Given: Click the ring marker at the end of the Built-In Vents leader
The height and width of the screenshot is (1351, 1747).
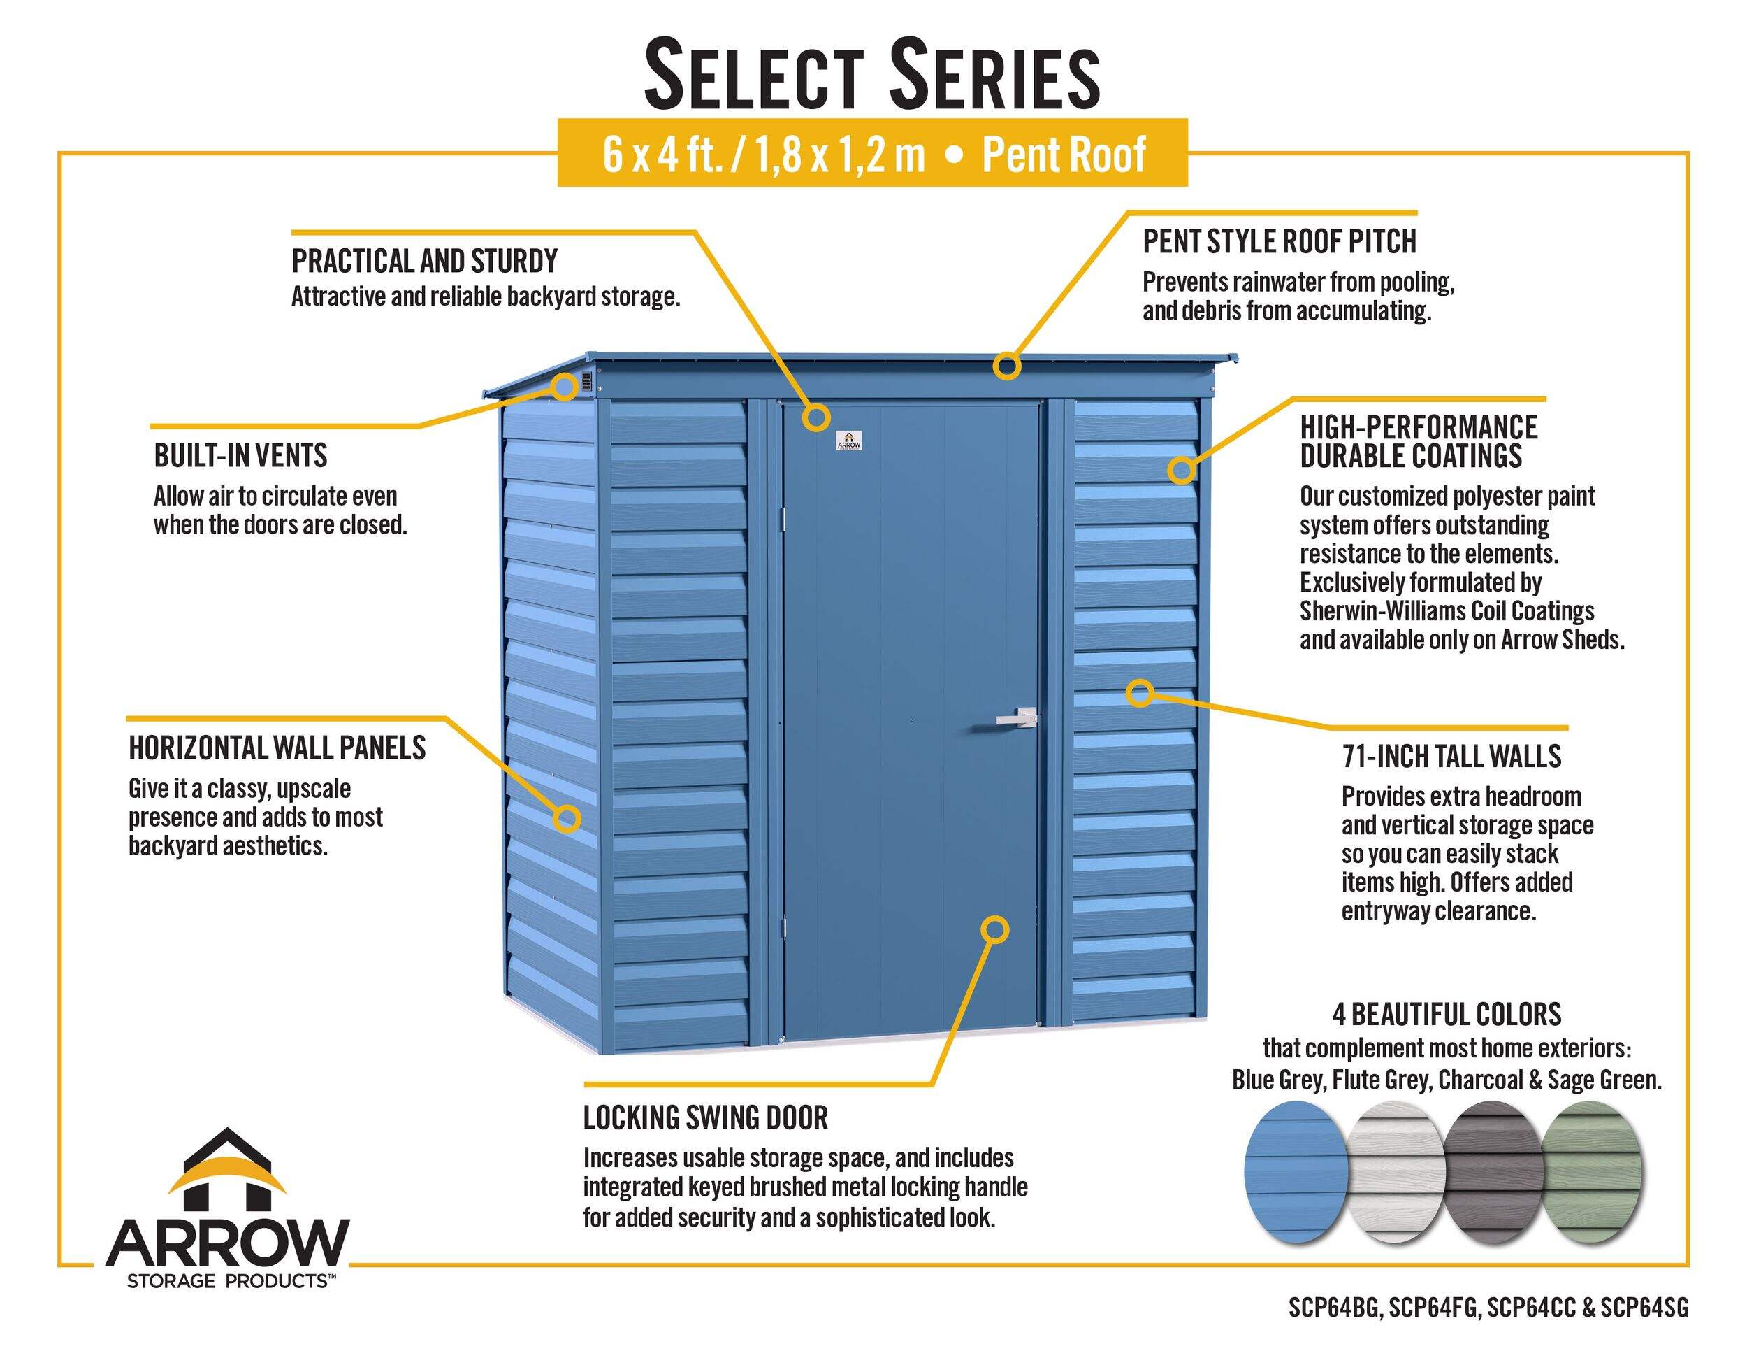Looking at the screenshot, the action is [x=565, y=387].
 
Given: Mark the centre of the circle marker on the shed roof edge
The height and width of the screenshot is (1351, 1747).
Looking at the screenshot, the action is [x=1007, y=366].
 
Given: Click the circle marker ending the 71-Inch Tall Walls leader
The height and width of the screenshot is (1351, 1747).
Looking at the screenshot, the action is [x=1140, y=693].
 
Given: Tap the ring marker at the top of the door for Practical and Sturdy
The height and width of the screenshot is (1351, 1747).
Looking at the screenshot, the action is [x=817, y=416].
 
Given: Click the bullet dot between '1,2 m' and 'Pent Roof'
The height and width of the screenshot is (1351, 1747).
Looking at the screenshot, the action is [x=953, y=155].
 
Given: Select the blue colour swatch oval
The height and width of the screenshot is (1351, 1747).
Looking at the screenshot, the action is [x=1296, y=1172].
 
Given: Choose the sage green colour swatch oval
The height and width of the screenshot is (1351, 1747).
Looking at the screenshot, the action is [x=1591, y=1172].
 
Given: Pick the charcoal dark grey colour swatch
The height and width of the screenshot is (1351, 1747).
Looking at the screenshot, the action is [x=1493, y=1172].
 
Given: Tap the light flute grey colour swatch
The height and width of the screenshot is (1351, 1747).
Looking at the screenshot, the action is [x=1396, y=1172].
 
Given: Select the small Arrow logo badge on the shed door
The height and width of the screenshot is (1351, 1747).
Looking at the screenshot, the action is [x=849, y=441].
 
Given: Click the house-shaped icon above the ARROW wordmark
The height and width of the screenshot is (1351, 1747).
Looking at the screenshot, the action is [x=227, y=1170].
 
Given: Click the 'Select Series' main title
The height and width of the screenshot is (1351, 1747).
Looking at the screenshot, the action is [x=873, y=76].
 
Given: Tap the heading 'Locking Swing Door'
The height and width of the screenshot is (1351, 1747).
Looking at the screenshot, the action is [x=706, y=1118].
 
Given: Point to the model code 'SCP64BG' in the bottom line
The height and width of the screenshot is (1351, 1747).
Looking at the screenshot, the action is [x=1334, y=1308].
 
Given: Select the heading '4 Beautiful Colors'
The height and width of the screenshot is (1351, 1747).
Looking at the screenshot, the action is [x=1447, y=1015].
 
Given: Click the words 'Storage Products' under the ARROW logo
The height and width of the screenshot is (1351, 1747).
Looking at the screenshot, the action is [x=228, y=1281].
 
